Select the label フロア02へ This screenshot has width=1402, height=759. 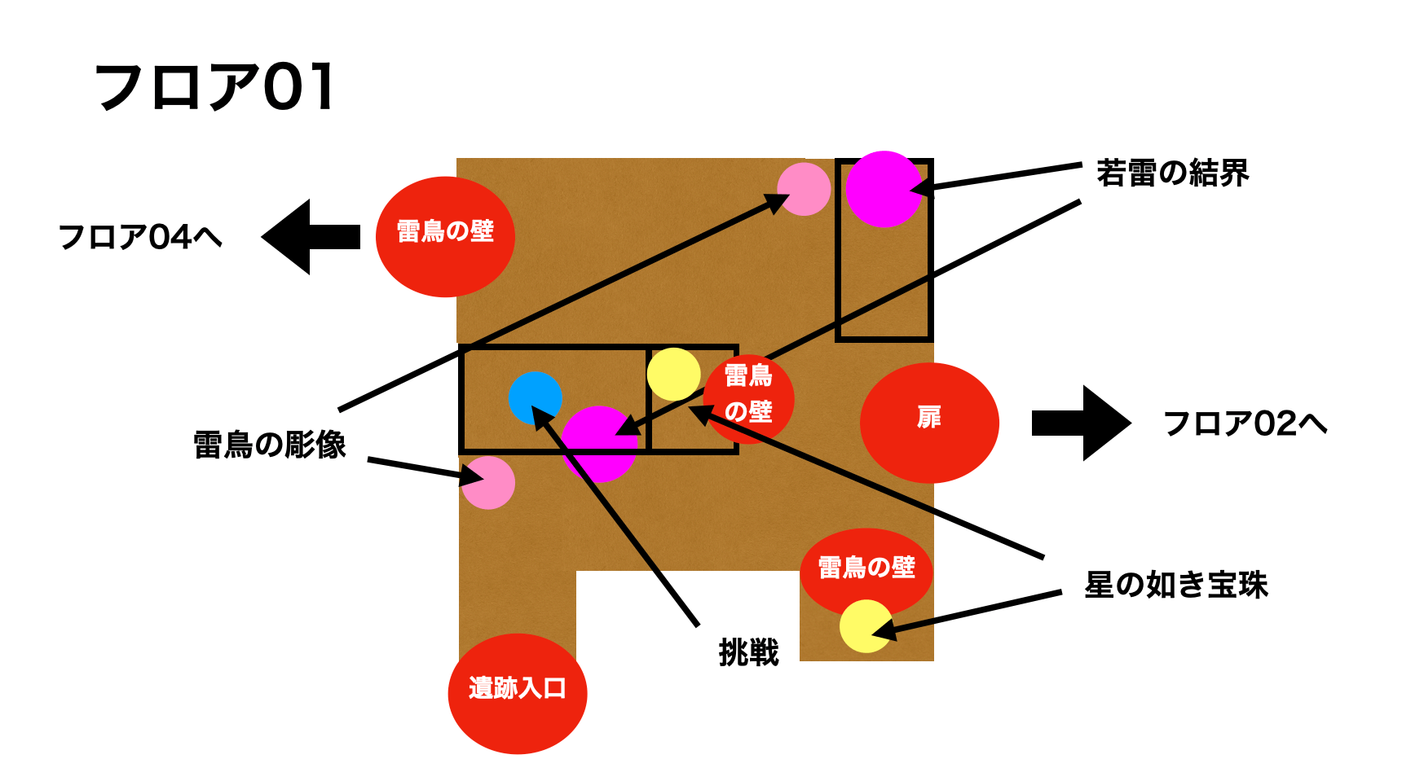(x=1245, y=423)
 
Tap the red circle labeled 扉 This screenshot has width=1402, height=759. (x=929, y=423)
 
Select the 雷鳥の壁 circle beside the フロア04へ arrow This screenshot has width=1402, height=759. (x=445, y=236)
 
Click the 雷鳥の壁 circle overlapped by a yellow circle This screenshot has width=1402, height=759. (x=866, y=568)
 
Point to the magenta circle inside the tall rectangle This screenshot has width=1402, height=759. (x=883, y=189)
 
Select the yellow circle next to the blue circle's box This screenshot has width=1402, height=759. (x=673, y=375)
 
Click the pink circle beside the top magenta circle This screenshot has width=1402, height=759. (x=804, y=189)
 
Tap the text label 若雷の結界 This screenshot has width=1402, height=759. (x=1172, y=173)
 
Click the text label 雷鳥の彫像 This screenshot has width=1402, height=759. (x=270, y=445)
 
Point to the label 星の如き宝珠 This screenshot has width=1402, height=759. (x=1176, y=585)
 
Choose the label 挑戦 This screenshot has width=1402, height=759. (x=748, y=652)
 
